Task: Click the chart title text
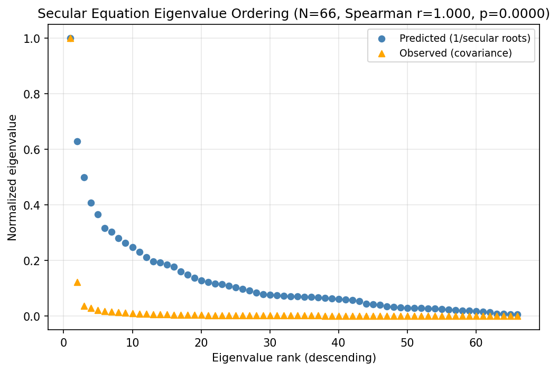294,14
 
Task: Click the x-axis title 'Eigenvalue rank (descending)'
294,358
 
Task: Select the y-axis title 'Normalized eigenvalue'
13,177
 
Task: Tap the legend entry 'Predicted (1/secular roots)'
464,39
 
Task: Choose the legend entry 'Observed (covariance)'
455,53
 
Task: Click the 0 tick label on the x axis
63,341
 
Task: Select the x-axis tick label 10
132,341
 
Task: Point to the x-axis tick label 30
270,341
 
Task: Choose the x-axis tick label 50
407,341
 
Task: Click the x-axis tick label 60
476,341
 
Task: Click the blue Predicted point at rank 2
77,141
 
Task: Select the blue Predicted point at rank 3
84,177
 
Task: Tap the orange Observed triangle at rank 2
77,282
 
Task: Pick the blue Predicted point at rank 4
91,203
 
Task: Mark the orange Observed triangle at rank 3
84,306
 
